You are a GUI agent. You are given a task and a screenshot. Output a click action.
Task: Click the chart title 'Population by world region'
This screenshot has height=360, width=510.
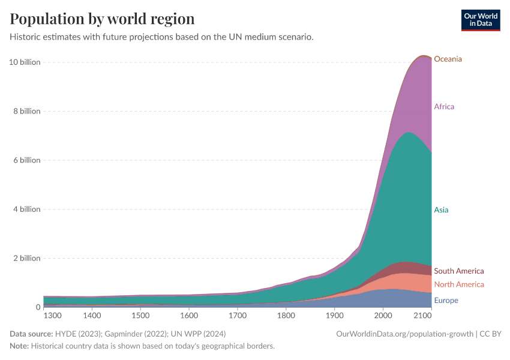(x=102, y=19)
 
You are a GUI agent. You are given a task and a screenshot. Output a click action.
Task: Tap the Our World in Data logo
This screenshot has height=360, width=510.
(x=481, y=20)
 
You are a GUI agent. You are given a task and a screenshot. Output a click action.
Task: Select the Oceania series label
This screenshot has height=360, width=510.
(x=448, y=59)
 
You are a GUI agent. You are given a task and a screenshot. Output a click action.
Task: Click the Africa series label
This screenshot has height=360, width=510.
(x=444, y=107)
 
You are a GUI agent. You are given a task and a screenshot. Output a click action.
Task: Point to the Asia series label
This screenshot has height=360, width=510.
(x=441, y=210)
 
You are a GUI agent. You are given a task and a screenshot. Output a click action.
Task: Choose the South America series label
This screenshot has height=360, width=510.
(x=458, y=271)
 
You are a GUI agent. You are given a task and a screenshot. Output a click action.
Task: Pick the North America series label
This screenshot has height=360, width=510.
(x=458, y=284)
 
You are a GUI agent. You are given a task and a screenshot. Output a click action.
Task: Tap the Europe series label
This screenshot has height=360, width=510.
(x=446, y=301)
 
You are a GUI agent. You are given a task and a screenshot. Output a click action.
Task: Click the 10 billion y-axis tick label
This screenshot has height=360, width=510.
(x=25, y=62)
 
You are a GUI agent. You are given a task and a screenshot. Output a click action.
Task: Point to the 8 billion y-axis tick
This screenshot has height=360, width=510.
(x=26, y=111)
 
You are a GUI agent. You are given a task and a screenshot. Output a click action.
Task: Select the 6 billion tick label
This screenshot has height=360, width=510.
(x=26, y=160)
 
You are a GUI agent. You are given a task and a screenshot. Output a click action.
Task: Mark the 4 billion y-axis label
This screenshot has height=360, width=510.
(x=26, y=209)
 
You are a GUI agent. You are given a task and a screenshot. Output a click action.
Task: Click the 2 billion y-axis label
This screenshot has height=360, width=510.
(x=26, y=258)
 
